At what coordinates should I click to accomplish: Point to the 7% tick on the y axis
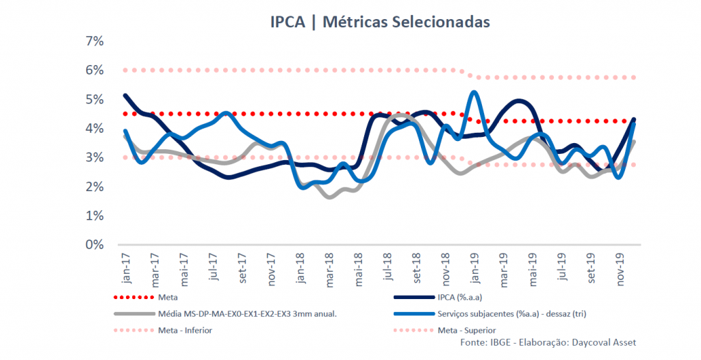point(94,41)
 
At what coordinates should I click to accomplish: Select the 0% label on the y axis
point(94,244)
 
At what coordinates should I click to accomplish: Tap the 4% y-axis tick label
point(94,129)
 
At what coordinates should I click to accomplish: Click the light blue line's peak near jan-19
point(474,92)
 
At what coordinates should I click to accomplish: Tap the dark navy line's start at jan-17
point(125,95)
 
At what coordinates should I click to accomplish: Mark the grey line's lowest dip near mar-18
point(331,197)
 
